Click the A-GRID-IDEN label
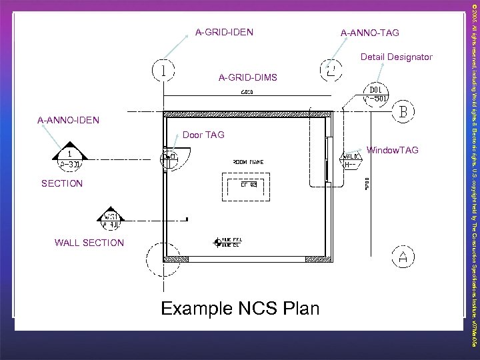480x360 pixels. point(223,31)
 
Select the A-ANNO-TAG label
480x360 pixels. point(369,32)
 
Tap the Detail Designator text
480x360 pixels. point(396,57)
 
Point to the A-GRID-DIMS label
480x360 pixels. point(247,79)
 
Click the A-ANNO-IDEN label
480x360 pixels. point(69,121)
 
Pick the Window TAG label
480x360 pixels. point(391,150)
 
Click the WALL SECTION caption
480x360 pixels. point(89,243)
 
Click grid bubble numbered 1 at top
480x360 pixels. point(163,69)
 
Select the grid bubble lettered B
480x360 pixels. point(403,111)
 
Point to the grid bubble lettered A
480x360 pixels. point(403,255)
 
